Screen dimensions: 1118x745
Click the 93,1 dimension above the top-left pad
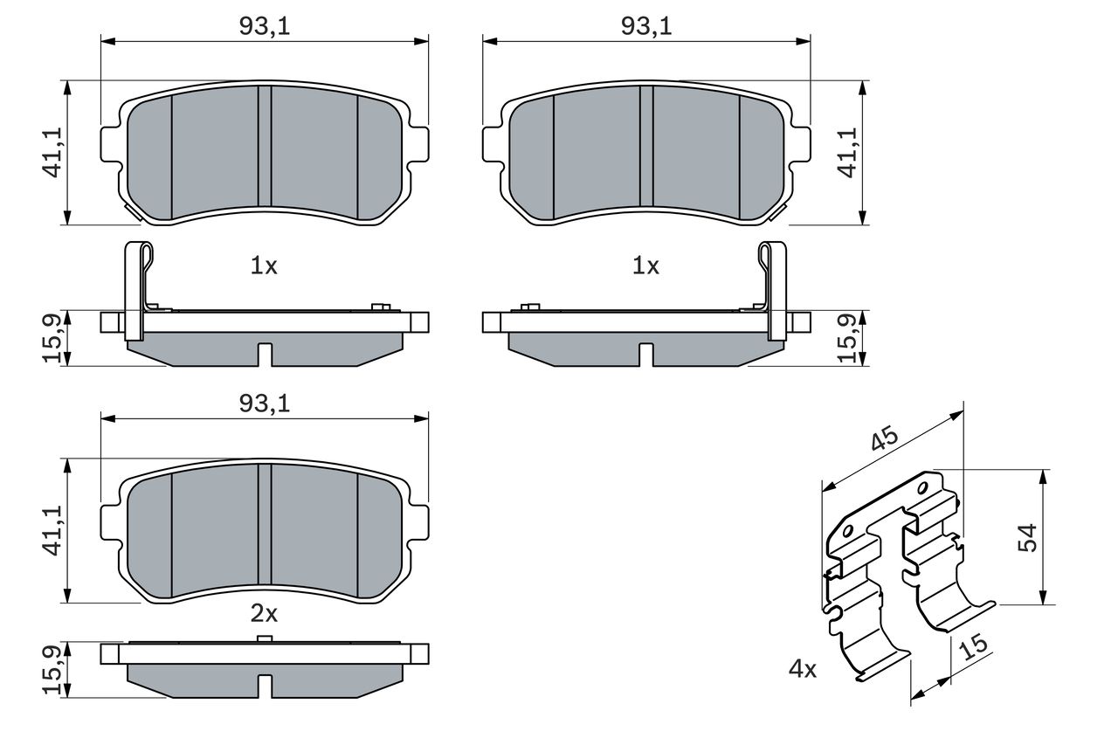coord(265,26)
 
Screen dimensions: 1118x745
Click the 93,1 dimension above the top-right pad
coord(646,26)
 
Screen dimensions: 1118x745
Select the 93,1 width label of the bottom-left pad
coord(265,404)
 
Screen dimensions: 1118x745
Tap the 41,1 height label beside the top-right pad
coord(847,153)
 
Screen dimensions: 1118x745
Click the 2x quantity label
coord(264,613)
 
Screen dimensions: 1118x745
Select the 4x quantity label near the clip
coord(803,669)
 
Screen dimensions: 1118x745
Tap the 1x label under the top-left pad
coord(264,266)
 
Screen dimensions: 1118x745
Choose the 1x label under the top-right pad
coord(645,266)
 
